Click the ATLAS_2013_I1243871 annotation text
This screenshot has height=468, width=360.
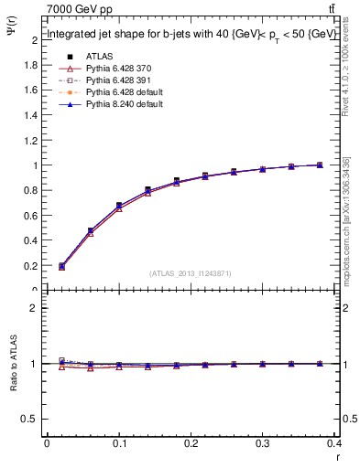(x=191, y=273)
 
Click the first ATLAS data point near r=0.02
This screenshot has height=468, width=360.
(x=61, y=266)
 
